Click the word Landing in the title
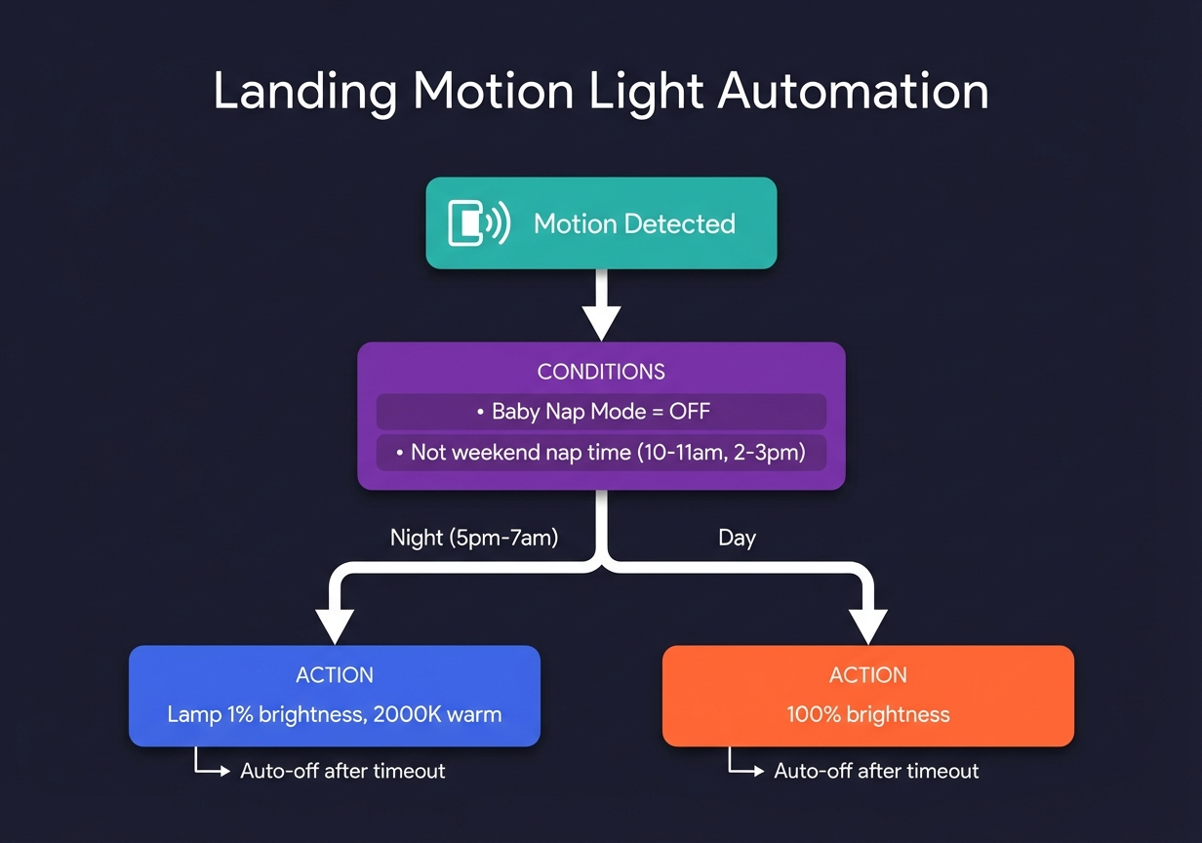[304, 92]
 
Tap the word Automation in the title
[853, 92]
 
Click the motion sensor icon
[478, 222]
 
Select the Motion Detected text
[634, 223]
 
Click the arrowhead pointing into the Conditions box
[601, 322]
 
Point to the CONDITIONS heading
[601, 372]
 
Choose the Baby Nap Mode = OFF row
[601, 412]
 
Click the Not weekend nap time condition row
[601, 453]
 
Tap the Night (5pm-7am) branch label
[474, 538]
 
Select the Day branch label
[737, 538]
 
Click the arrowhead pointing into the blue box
[335, 625]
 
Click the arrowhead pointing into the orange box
[867, 625]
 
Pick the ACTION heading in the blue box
[335, 675]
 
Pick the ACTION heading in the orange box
[867, 675]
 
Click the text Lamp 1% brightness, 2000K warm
[335, 714]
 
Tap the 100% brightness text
[867, 714]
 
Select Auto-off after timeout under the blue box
[342, 771]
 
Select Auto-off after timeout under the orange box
[876, 771]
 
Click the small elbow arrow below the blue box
[212, 765]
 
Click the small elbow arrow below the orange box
[745, 765]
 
